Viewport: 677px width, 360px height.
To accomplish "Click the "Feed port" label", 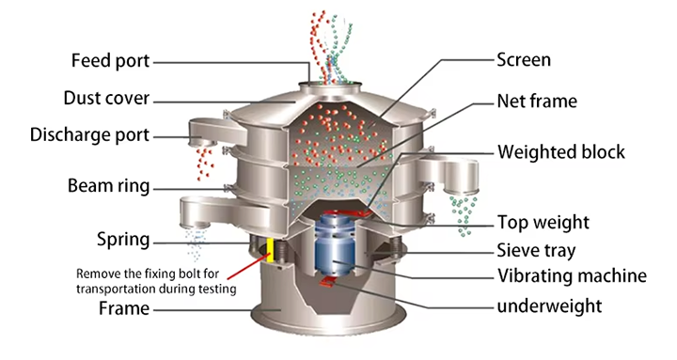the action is click(x=111, y=60).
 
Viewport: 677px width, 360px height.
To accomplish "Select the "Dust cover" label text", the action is click(x=106, y=98).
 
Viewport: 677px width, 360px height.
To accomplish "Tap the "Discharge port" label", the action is click(x=90, y=135).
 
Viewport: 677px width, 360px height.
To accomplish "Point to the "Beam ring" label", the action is click(x=109, y=186).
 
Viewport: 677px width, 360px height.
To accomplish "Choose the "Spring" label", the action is click(x=123, y=240).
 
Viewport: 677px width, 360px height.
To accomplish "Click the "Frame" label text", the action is click(x=124, y=308).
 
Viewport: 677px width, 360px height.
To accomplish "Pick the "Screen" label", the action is click(x=524, y=59).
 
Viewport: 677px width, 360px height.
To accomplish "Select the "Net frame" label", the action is click(x=537, y=101).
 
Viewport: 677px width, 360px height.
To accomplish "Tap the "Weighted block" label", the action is click(x=561, y=152).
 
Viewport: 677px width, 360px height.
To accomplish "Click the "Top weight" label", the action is click(x=543, y=223).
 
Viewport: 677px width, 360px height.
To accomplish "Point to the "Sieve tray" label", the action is click(x=536, y=251).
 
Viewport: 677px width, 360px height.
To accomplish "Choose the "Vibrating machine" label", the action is click(x=572, y=275).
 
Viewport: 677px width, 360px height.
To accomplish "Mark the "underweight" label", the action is click(x=549, y=306).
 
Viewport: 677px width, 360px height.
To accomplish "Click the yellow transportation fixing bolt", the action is click(x=270, y=249).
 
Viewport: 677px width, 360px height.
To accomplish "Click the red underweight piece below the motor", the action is click(x=327, y=281).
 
